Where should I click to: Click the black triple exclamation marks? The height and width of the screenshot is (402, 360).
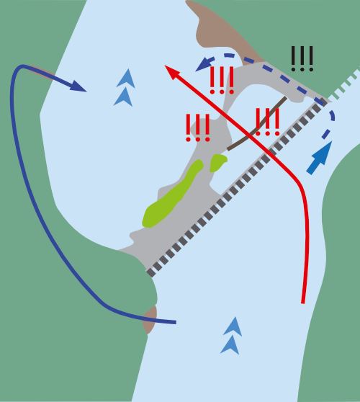click(302, 58)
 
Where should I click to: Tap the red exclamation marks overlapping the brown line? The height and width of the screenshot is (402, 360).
click(268, 122)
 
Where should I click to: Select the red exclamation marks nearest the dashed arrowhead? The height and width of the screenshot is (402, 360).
click(222, 80)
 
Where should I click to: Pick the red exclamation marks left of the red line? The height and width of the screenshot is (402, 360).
click(198, 128)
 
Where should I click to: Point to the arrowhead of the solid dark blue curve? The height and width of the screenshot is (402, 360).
click(78, 86)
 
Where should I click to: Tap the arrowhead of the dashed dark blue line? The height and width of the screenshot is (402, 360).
click(204, 65)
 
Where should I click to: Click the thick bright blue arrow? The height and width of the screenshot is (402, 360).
click(320, 158)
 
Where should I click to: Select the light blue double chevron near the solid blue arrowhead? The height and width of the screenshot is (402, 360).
click(125, 88)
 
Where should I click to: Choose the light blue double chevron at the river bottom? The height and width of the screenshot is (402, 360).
click(231, 336)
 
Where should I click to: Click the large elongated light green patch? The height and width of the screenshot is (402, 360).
click(172, 194)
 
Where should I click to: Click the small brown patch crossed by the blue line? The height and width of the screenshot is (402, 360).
click(150, 320)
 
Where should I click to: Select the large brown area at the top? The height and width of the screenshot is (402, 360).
click(220, 31)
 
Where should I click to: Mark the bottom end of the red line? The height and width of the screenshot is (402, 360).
click(303, 303)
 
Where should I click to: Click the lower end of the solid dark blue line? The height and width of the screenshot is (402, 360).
click(176, 322)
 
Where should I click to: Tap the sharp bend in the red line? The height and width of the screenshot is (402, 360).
click(299, 182)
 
